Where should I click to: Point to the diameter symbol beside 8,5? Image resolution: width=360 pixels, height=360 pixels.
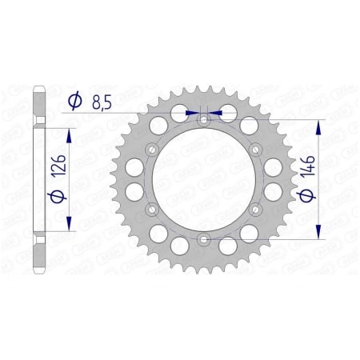[74, 102]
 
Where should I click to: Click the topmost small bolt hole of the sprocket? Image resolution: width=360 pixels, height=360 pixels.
[203, 120]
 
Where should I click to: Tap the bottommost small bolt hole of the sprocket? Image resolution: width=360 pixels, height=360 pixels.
[203, 238]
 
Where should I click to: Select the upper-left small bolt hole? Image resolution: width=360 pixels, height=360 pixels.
[152, 149]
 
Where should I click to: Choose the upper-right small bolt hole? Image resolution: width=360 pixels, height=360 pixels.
[254, 149]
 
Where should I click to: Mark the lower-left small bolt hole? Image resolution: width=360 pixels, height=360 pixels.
[152, 209]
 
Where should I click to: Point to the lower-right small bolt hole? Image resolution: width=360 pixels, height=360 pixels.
[254, 209]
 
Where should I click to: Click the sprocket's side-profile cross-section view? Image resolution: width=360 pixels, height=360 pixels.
[38, 178]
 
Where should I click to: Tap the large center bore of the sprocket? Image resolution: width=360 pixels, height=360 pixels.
[203, 179]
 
